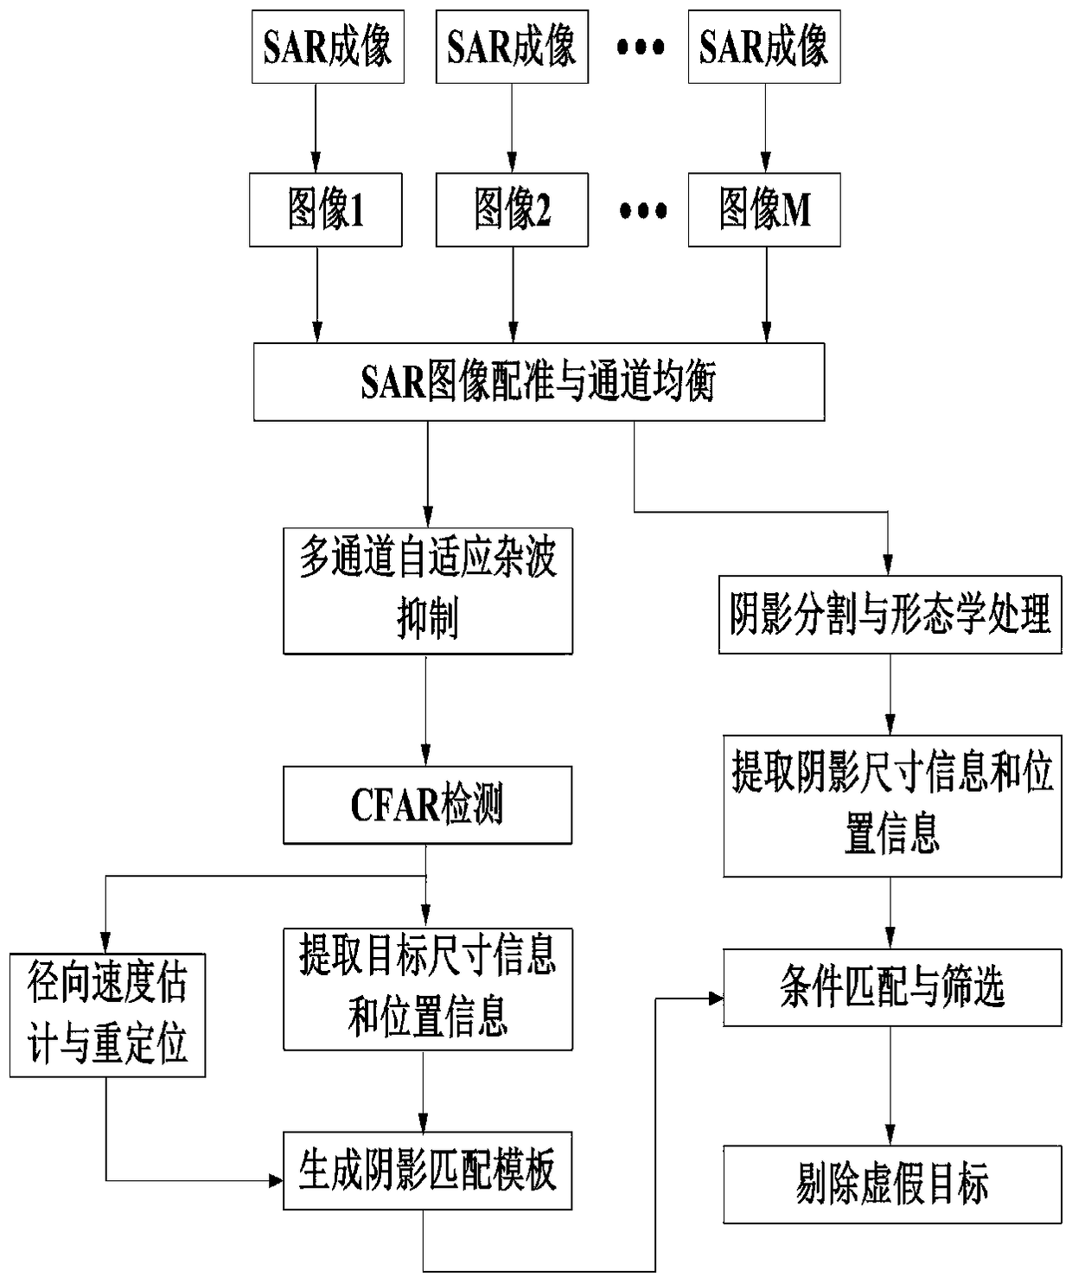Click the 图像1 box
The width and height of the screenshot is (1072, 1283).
(326, 209)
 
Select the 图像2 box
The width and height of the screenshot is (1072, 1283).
(512, 209)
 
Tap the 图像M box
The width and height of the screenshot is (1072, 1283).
(764, 209)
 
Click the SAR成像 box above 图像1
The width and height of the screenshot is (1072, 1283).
(328, 47)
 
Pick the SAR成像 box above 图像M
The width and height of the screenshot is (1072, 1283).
(764, 47)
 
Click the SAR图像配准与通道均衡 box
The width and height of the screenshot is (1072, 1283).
(539, 382)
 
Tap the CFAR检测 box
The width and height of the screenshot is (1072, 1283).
(428, 805)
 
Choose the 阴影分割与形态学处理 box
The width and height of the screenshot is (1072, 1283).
(890, 615)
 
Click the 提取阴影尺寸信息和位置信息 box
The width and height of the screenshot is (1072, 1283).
(892, 806)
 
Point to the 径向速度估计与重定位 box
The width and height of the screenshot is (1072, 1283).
(107, 1015)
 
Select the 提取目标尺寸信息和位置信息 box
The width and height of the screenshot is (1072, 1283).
(428, 989)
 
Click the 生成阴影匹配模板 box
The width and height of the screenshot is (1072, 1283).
(428, 1171)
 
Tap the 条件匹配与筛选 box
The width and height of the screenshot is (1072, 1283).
(892, 987)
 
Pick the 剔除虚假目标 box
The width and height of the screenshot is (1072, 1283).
(892, 1184)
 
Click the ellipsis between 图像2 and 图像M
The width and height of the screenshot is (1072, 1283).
(643, 210)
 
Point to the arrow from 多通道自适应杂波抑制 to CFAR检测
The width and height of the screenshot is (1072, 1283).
(425, 709)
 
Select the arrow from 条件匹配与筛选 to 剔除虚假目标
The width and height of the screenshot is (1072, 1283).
(890, 1086)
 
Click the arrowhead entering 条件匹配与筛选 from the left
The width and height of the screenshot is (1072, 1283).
(715, 999)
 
